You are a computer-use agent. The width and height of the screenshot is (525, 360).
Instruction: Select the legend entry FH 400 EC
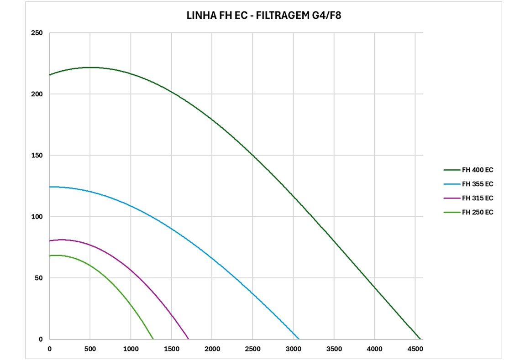point(478,170)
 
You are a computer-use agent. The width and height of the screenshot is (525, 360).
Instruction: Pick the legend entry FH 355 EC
point(478,184)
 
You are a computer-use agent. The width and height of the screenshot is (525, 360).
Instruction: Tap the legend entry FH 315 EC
point(478,198)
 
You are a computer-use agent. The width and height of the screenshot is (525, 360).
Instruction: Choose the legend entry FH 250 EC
point(478,212)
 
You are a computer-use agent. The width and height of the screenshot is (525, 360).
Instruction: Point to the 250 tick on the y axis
point(37,33)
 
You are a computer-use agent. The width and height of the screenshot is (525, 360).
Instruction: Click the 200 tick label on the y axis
point(37,94)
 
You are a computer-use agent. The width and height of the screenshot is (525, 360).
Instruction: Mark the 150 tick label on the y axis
point(37,156)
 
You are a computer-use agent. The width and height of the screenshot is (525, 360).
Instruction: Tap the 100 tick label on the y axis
point(37,217)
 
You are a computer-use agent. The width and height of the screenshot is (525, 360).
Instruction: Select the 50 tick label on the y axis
point(39,278)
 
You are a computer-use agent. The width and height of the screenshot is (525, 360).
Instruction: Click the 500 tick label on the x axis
point(90,349)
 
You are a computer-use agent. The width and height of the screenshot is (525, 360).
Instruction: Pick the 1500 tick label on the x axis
point(171,349)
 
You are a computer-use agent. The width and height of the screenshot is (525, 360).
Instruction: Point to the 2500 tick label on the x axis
point(252,349)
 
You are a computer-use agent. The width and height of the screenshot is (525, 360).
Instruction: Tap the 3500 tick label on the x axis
point(334,349)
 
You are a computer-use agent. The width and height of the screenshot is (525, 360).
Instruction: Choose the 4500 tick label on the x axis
point(415,349)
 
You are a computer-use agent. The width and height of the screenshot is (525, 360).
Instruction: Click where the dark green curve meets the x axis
point(420,339)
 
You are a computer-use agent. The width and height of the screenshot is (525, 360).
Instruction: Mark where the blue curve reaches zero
point(299,339)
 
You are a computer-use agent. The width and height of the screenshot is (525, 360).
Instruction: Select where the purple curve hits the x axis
point(189,339)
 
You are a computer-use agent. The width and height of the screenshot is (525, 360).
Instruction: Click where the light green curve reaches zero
point(153,339)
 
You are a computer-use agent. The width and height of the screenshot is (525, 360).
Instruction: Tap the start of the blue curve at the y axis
point(50,187)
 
